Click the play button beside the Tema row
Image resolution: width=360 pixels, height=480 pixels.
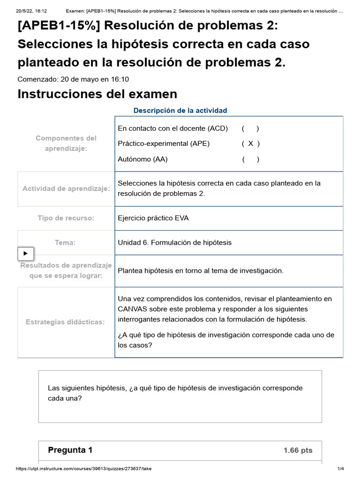pos(26,254)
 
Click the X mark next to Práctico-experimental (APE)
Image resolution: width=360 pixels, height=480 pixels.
pos(251,143)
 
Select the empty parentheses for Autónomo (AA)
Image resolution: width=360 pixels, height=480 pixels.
pos(251,159)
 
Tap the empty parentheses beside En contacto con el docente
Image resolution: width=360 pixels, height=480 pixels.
pos(251,128)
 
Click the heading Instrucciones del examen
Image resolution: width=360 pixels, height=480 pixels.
pos(97,94)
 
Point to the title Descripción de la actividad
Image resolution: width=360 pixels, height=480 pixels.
pos(180,110)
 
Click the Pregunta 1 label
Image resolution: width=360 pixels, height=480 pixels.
pos(70,450)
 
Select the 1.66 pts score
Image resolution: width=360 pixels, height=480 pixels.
pos(298,450)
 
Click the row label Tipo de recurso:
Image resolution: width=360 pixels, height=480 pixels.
pos(66,218)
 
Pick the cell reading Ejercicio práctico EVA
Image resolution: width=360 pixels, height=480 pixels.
pos(153,218)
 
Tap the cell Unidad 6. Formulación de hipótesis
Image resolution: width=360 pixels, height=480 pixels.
pos(174,242)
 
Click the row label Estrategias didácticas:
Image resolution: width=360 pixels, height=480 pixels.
pos(66,322)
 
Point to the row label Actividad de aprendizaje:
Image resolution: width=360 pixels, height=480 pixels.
pos(66,188)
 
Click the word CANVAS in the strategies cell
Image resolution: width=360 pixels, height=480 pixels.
pos(132,309)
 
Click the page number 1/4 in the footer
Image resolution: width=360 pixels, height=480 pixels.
pos(341,469)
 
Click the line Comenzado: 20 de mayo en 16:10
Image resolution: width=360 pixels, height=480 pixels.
pos(73,79)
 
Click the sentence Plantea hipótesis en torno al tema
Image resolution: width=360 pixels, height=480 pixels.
pos(201,270)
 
